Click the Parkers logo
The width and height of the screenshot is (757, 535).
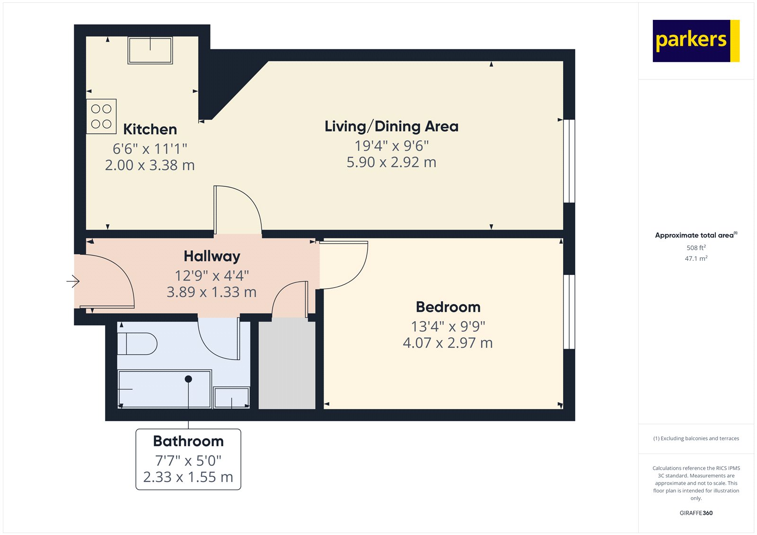click(x=695, y=41)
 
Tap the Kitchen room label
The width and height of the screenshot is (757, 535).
click(x=150, y=129)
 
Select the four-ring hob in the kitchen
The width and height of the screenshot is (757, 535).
click(x=101, y=116)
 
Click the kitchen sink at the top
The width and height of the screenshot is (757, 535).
click(x=150, y=50)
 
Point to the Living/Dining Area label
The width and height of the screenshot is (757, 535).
click(x=391, y=126)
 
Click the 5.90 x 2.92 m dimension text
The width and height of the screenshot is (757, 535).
click(x=391, y=162)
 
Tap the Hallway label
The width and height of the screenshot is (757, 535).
click(x=211, y=256)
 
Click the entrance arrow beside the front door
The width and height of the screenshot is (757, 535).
click(x=73, y=281)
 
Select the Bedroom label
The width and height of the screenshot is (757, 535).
click(x=448, y=307)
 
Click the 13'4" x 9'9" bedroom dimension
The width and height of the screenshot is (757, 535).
click(x=448, y=326)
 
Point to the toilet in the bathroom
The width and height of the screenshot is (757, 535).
click(x=137, y=344)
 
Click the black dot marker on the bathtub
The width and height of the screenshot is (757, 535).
click(x=188, y=379)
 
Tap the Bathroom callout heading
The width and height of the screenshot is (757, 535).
click(x=188, y=441)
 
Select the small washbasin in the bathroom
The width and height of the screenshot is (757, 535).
click(x=231, y=398)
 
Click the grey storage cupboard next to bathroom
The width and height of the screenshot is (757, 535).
click(x=287, y=365)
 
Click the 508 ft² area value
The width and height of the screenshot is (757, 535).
click(x=696, y=248)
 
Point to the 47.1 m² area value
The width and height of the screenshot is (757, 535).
click(x=696, y=259)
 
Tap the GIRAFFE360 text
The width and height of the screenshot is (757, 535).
click(x=696, y=513)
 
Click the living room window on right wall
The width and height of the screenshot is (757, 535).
click(x=569, y=161)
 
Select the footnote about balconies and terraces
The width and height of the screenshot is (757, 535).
click(x=696, y=439)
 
